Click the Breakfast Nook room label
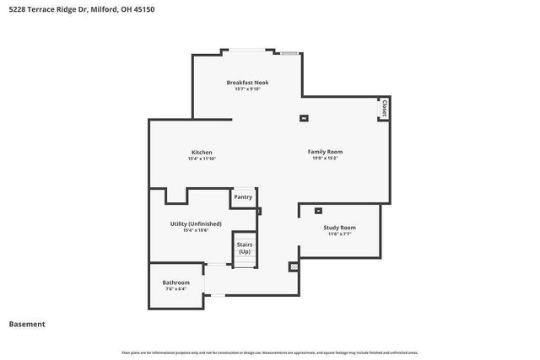pos(247,83)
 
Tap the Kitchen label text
pos(196,152)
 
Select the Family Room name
pos(325,152)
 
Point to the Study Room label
pos(339,228)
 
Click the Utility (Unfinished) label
pos(196,223)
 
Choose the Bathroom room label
pos(175,282)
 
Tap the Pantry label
pos(243,196)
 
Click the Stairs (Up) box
pos(245,249)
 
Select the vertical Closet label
pos(384,108)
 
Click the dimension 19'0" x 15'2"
pos(325,159)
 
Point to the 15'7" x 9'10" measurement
pos(247,89)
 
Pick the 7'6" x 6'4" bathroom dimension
pos(175,289)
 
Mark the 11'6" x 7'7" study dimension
pos(339,234)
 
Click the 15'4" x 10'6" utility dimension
pos(196,230)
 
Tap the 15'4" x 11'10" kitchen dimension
pos(196,159)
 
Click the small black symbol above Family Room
pos(305,118)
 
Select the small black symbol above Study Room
pos(318,211)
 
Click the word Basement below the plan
pos(27,324)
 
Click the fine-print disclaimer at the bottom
pos(270,352)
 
